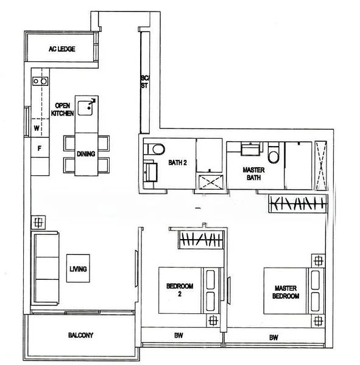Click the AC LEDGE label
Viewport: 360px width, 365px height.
(62, 49)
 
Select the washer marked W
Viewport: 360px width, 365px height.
(37, 128)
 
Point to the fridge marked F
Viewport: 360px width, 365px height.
(39, 147)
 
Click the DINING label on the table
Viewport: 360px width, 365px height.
(86, 154)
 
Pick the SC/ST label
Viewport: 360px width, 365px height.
(145, 83)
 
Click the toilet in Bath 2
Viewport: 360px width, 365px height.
(157, 148)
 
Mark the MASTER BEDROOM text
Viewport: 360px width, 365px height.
(286, 292)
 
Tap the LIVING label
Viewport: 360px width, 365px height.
(78, 268)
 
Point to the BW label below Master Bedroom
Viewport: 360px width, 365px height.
(274, 336)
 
